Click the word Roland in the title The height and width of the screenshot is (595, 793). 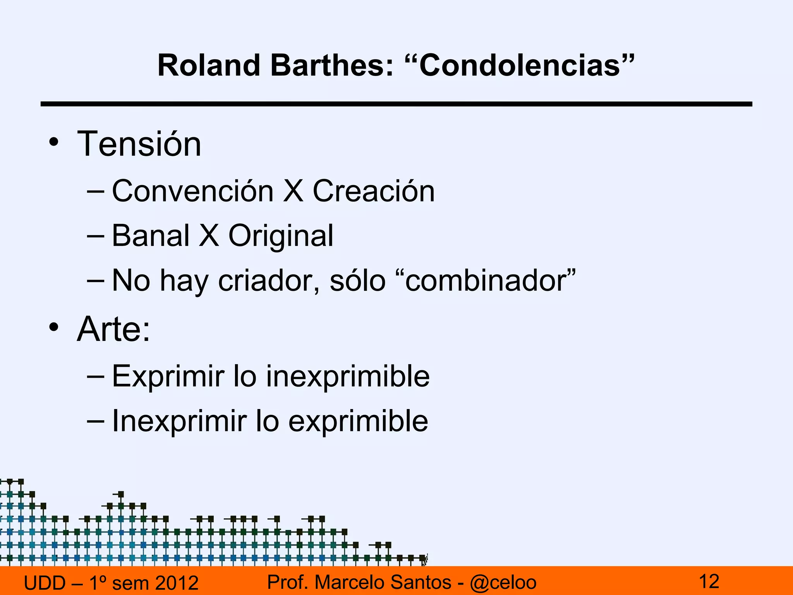(x=208, y=65)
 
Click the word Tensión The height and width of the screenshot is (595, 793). (x=139, y=144)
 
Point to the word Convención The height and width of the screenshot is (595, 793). (x=193, y=191)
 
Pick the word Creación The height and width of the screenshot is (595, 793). (x=374, y=191)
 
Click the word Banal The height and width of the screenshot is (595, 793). (x=151, y=236)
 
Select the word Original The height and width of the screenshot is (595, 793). (x=281, y=236)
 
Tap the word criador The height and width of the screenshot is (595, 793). (x=268, y=280)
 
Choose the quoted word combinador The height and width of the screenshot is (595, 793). (x=490, y=280)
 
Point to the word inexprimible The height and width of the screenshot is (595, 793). (x=348, y=377)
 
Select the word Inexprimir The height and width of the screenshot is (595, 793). (x=179, y=421)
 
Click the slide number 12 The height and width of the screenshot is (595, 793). (x=709, y=581)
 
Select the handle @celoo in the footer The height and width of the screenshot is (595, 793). (x=503, y=582)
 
